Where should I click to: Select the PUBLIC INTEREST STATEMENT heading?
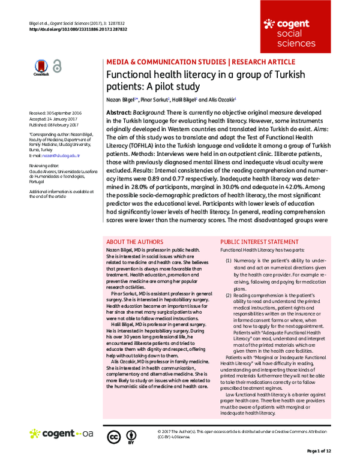click(260, 242)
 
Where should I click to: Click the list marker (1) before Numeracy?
click(229, 261)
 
